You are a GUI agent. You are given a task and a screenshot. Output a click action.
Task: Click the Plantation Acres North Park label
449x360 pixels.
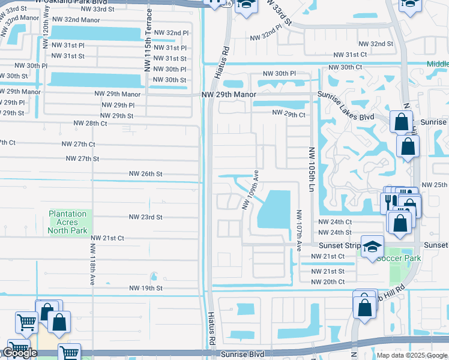pos(68,222)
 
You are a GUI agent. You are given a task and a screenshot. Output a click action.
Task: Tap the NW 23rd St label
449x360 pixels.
pos(146,217)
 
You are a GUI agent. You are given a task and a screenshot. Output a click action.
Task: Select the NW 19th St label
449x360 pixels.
pos(146,289)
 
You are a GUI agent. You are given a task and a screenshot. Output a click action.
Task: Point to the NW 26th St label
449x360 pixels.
pos(146,174)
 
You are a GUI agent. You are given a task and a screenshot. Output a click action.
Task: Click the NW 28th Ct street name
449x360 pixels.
pos(90,123)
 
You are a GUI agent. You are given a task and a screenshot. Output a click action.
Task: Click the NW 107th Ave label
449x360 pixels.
pos(298,230)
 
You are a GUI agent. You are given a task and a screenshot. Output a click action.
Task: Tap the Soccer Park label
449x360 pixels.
pos(399,258)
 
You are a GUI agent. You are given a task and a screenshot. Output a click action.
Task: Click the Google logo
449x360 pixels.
pos(19,353)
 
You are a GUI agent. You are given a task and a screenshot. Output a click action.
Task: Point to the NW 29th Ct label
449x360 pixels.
pos(289,113)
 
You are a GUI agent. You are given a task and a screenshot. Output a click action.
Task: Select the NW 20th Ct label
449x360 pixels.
pos(327,281)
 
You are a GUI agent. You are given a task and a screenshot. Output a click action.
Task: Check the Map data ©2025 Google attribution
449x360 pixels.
pos(412,355)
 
